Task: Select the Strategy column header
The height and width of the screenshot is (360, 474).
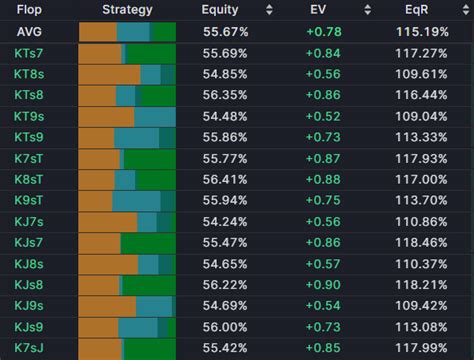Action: point(127,10)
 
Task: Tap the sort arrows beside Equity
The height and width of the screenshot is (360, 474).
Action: point(268,10)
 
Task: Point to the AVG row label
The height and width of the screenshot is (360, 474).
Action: point(28,32)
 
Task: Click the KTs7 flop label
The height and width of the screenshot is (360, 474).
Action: point(29,53)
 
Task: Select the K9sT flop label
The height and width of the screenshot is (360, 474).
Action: point(29,200)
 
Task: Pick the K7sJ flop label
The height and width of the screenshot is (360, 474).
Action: point(29,347)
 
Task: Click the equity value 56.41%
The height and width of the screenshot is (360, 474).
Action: point(225,179)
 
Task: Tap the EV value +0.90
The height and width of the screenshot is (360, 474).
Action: point(325,284)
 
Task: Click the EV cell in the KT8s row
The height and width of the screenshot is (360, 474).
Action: point(325,74)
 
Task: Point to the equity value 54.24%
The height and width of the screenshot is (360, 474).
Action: point(225,221)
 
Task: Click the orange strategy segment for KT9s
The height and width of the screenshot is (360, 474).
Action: point(105,116)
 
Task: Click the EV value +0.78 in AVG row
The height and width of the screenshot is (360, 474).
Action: point(325,32)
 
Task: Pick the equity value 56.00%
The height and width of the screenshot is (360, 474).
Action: point(225,326)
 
